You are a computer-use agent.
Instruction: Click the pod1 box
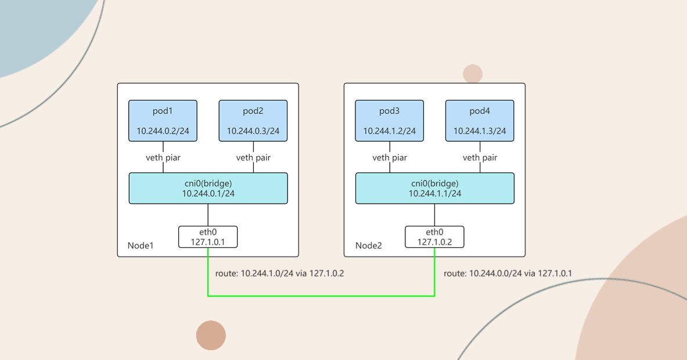pyautogui.click(x=163, y=121)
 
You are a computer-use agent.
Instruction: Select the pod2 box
pyautogui.click(x=253, y=121)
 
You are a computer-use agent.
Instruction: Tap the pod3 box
pyautogui.click(x=390, y=121)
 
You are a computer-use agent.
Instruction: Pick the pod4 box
pyautogui.click(x=480, y=121)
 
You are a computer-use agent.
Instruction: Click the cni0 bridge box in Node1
pyautogui.click(x=208, y=188)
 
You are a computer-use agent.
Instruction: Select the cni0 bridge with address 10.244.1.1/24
pyautogui.click(x=434, y=188)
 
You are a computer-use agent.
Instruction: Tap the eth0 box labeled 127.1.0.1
pyautogui.click(x=208, y=237)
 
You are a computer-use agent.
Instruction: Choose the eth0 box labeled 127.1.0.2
pyautogui.click(x=434, y=237)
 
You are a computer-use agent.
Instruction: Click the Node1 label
pyautogui.click(x=141, y=245)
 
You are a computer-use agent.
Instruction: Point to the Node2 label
pyautogui.click(x=369, y=245)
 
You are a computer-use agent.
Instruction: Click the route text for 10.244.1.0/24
pyautogui.click(x=279, y=273)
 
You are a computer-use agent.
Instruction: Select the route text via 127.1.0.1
pyautogui.click(x=508, y=273)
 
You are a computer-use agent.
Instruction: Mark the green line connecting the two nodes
pyautogui.click(x=321, y=296)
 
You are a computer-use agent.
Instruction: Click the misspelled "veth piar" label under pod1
pyautogui.click(x=163, y=158)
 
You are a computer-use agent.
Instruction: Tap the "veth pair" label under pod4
pyautogui.click(x=480, y=158)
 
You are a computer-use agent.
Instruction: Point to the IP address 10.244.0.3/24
pyautogui.click(x=253, y=131)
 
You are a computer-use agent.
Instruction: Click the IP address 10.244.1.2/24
pyautogui.click(x=390, y=131)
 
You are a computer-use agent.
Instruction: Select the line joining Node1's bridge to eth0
pyautogui.click(x=208, y=215)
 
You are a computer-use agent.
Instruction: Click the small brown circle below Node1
pyautogui.click(x=211, y=336)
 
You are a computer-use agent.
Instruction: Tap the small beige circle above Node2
pyautogui.click(x=473, y=74)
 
